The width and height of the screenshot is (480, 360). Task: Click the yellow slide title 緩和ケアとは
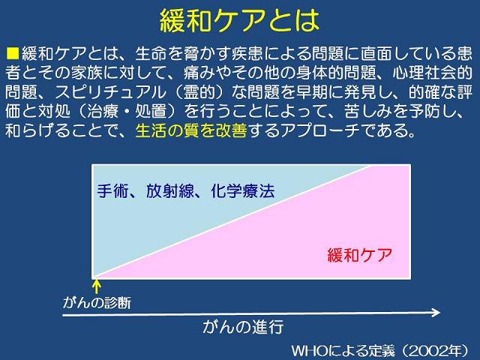pos(239,20)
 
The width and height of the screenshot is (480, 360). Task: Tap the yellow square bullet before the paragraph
pos(13,53)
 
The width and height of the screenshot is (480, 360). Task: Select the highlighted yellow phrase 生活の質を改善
pos(191,130)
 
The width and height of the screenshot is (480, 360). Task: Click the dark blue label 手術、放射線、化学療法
pos(186,191)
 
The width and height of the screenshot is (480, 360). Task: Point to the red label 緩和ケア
pos(360,255)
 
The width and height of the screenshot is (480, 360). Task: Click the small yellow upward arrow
pos(97,286)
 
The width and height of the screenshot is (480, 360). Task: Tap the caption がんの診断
pos(97,303)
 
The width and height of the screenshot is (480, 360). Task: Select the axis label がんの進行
pos(243,327)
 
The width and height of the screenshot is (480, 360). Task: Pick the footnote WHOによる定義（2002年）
pos(380,351)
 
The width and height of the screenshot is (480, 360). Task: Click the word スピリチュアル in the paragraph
pos(110,91)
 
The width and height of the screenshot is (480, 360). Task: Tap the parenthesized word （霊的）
pos(199,91)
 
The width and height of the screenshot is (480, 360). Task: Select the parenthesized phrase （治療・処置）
pos(127,111)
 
